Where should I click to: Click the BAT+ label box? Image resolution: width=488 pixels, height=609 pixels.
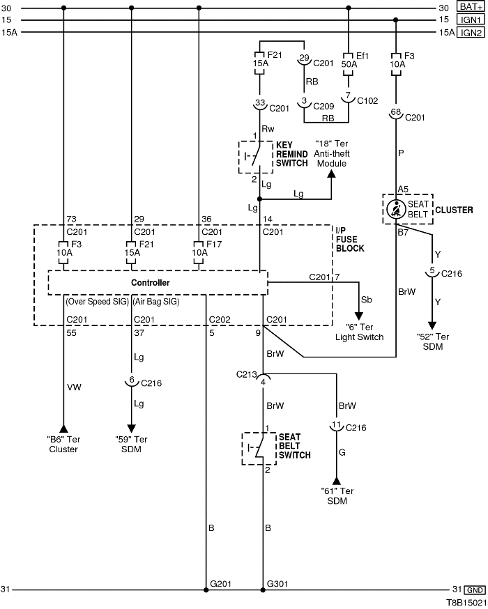(471, 8)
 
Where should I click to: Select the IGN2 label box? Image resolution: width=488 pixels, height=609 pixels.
(471, 32)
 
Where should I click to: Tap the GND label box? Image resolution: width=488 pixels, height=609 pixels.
(474, 589)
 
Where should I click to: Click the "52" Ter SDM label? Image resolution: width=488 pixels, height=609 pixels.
(432, 342)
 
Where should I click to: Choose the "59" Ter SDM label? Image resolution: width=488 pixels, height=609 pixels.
(131, 444)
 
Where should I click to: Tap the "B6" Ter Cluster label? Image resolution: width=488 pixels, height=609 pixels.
(63, 444)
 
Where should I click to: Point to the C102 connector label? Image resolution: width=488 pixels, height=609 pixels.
(367, 100)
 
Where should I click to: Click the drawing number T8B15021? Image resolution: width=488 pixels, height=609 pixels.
(466, 601)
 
